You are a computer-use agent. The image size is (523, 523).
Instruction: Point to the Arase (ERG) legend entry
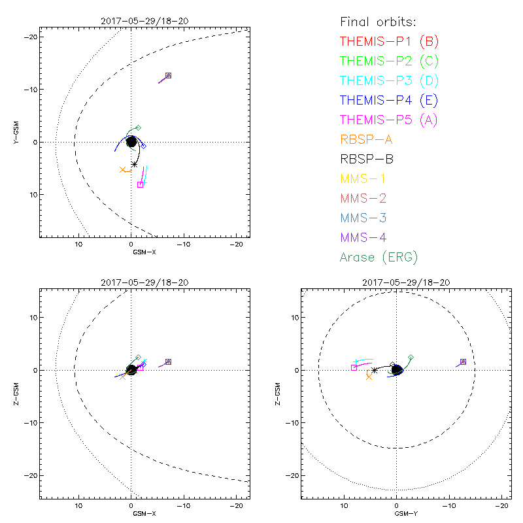click(379, 257)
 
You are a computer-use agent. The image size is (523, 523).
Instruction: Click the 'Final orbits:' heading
click(381, 22)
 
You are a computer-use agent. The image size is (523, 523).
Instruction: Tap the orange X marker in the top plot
click(122, 170)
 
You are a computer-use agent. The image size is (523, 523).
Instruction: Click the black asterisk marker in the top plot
click(134, 164)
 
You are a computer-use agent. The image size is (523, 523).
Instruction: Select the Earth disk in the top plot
click(131, 141)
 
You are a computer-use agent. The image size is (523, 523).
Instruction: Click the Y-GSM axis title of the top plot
click(18, 131)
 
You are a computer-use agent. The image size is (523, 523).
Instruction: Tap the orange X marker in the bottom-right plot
click(369, 377)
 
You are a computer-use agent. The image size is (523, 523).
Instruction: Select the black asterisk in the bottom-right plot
click(375, 370)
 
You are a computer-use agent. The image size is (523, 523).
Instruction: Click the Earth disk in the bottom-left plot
click(131, 370)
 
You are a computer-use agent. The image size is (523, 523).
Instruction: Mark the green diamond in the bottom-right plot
click(411, 357)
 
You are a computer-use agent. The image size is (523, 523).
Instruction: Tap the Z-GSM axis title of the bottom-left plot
click(18, 392)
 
